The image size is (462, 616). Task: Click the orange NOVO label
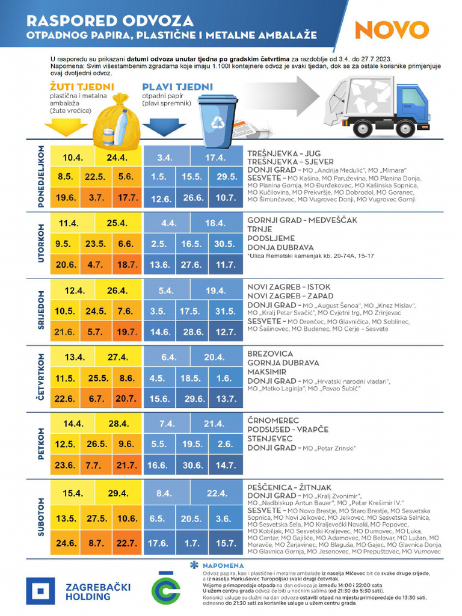coord(391,29)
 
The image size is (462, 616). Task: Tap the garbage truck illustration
coord(378,105)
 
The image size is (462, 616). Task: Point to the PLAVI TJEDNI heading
coord(168,86)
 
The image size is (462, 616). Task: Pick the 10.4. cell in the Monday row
coord(72,158)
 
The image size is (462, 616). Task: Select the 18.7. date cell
coord(126,264)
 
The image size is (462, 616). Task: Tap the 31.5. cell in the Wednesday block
coord(226,310)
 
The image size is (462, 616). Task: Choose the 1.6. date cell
coord(224,378)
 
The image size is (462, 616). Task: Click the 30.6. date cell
coord(192,465)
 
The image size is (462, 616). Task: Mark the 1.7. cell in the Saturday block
coord(192,543)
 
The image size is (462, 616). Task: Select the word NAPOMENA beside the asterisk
coord(223,565)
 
